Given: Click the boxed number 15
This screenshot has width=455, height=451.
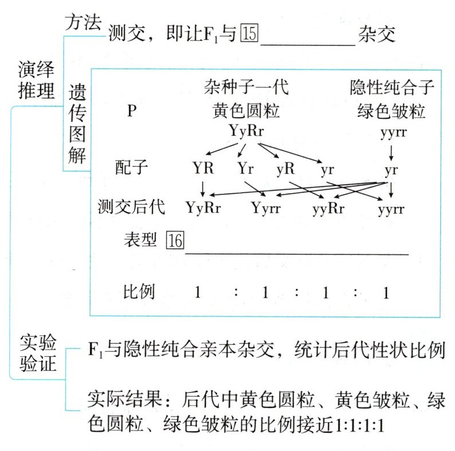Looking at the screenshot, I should pyautogui.click(x=250, y=34).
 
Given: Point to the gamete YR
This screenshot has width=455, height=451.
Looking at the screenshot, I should pyautogui.click(x=203, y=169).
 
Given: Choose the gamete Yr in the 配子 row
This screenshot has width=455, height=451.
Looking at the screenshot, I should pyautogui.click(x=246, y=169).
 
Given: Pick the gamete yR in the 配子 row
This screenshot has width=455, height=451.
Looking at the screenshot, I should pyautogui.click(x=285, y=169).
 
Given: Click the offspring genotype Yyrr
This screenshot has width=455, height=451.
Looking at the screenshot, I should pyautogui.click(x=265, y=207).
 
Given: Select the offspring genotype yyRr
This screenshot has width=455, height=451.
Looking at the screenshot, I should pyautogui.click(x=328, y=207).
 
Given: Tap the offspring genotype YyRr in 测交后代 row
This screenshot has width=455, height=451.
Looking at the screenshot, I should pyautogui.click(x=203, y=207).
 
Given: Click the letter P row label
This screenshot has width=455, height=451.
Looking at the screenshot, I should pyautogui.click(x=131, y=111).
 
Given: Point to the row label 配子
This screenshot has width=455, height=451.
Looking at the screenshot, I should pyautogui.click(x=131, y=169).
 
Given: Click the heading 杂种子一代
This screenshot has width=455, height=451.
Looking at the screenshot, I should pyautogui.click(x=246, y=88).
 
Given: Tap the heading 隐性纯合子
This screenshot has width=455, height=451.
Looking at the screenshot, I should pyautogui.click(x=391, y=88).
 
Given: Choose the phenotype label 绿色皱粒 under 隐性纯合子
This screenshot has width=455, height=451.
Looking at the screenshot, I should pyautogui.click(x=391, y=111).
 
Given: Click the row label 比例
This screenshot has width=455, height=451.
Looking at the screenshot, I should pyautogui.click(x=139, y=292).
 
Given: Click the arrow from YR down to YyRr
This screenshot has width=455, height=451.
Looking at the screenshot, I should pyautogui.click(x=202, y=188).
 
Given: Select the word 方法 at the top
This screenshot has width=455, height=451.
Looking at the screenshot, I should pyautogui.click(x=84, y=22).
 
